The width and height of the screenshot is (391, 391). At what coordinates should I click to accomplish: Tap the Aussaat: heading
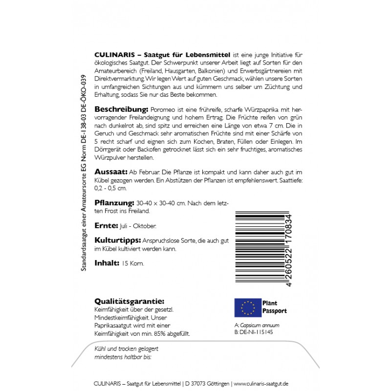click(x=110, y=172)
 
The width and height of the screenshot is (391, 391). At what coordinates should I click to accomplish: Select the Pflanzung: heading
click(x=114, y=202)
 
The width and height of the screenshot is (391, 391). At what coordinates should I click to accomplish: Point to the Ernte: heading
click(x=106, y=226)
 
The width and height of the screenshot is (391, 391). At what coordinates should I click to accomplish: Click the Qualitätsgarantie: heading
click(x=129, y=302)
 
